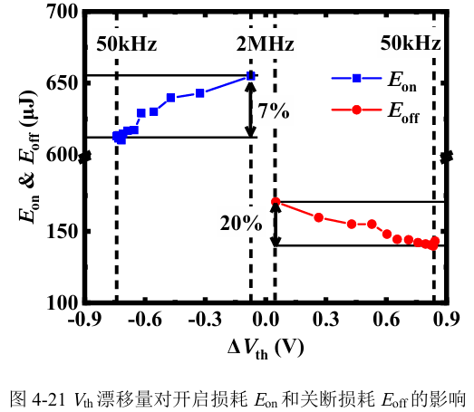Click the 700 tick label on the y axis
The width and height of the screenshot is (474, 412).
(x=63, y=13)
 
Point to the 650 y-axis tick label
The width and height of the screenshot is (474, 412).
(x=63, y=82)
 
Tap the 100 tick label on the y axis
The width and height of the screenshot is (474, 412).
(x=63, y=302)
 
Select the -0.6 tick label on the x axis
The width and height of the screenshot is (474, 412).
(x=144, y=320)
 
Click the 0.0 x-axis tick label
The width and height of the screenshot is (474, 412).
(x=266, y=320)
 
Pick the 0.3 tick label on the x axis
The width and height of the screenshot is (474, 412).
(x=326, y=320)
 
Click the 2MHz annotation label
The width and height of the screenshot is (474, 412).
(x=265, y=44)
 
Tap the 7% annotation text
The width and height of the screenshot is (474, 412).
(x=274, y=110)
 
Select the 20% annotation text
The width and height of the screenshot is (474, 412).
(x=241, y=224)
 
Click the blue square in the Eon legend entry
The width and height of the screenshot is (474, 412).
(x=357, y=78)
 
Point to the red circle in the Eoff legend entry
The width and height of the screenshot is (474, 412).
(x=357, y=110)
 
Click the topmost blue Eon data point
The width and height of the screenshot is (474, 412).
(x=251, y=76)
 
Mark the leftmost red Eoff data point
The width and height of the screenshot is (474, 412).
(x=276, y=201)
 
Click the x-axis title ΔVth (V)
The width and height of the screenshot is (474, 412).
(x=266, y=349)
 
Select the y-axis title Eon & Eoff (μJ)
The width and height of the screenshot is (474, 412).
(x=29, y=156)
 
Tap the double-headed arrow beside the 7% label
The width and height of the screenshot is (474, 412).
(x=251, y=110)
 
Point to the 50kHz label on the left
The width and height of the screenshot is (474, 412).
(x=127, y=44)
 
